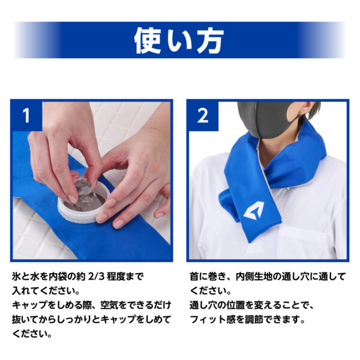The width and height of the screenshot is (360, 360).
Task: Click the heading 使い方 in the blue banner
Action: [x=179, y=41]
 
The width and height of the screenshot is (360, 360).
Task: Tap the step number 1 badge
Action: [x=26, y=115]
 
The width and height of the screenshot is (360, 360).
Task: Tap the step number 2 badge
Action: [x=202, y=115]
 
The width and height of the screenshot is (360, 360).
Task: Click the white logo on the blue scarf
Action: [x=253, y=210]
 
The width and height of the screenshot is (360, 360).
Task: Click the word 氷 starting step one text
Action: [x=16, y=277]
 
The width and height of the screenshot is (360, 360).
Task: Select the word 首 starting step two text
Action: [x=194, y=277]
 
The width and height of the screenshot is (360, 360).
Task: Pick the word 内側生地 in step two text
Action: [x=253, y=277]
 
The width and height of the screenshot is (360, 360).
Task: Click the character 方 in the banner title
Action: [x=209, y=41]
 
